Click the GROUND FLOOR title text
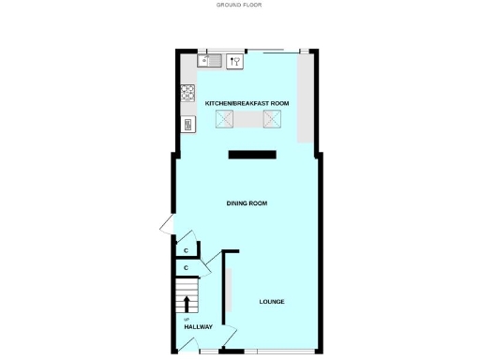point(239,5)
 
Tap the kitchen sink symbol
point(209,62)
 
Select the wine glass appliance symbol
point(234,62)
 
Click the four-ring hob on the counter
point(187,93)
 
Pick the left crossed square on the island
point(225,118)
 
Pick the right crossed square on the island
point(273,118)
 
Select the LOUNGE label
point(272,301)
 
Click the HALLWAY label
point(199,327)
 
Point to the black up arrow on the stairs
point(187,304)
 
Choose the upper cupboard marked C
point(187,250)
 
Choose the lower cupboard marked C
point(187,268)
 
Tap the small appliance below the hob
point(187,124)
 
